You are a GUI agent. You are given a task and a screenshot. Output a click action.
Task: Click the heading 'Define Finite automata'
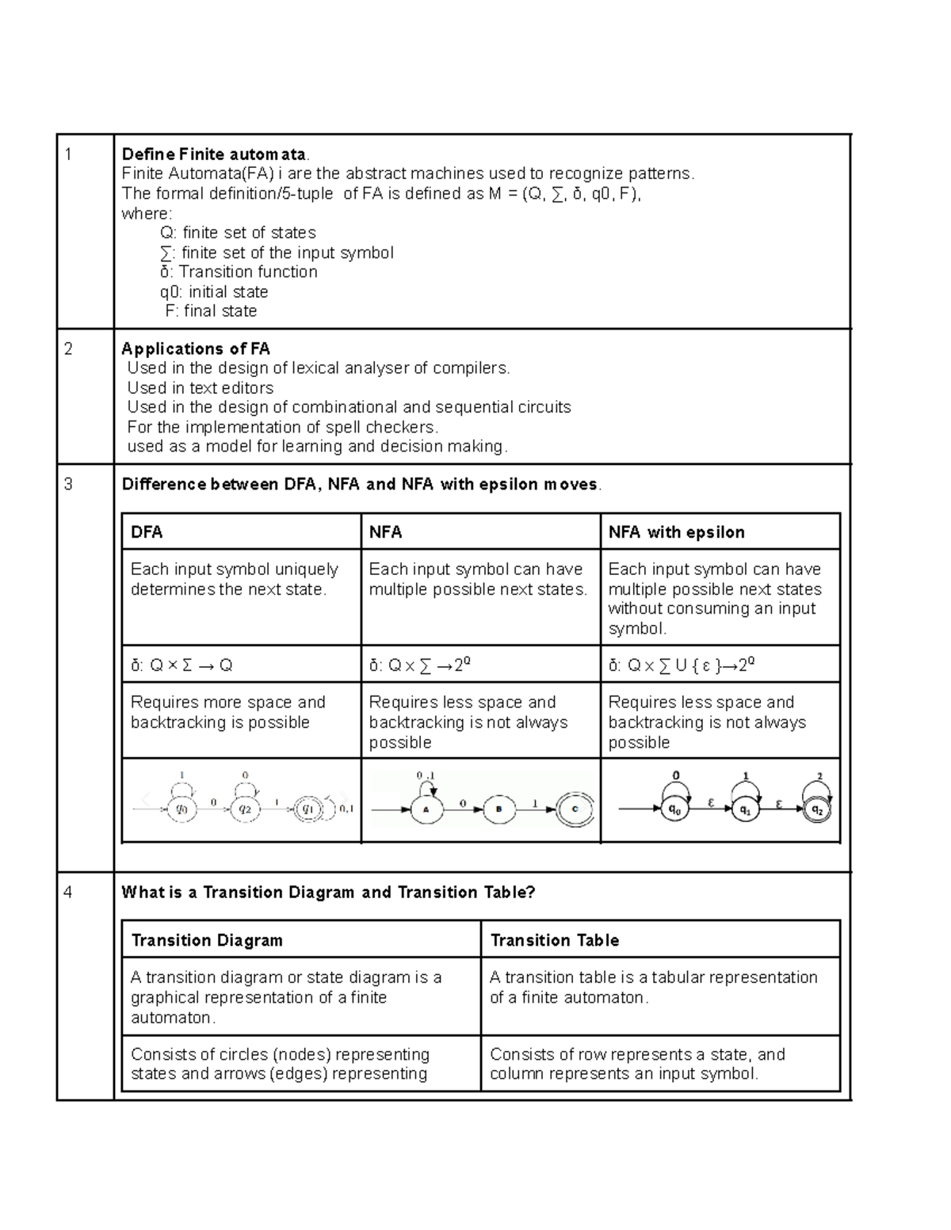pos(212,154)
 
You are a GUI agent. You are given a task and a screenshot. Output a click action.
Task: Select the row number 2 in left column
pos(68,349)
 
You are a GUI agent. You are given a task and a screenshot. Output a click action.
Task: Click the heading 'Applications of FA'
pos(196,349)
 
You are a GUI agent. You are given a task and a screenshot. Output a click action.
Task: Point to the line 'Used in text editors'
pos(201,388)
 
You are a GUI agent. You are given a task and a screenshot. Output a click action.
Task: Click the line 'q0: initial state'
pos(214,291)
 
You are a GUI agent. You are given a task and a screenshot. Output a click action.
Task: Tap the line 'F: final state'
pos(211,311)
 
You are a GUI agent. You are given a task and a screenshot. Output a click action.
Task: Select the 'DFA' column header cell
pos(241,532)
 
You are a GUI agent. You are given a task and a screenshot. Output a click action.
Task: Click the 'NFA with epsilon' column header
pos(720,532)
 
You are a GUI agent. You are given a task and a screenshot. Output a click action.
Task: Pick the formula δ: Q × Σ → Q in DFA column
pos(182,665)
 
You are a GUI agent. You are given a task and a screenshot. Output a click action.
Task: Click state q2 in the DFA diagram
pos(245,809)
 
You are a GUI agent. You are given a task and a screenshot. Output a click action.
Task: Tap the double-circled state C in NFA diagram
pos(575,809)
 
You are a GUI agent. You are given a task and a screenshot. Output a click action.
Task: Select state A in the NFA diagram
pos(426,809)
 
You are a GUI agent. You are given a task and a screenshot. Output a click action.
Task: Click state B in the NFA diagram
pos(498,809)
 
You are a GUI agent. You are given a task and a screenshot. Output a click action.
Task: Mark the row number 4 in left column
pos(68,893)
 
